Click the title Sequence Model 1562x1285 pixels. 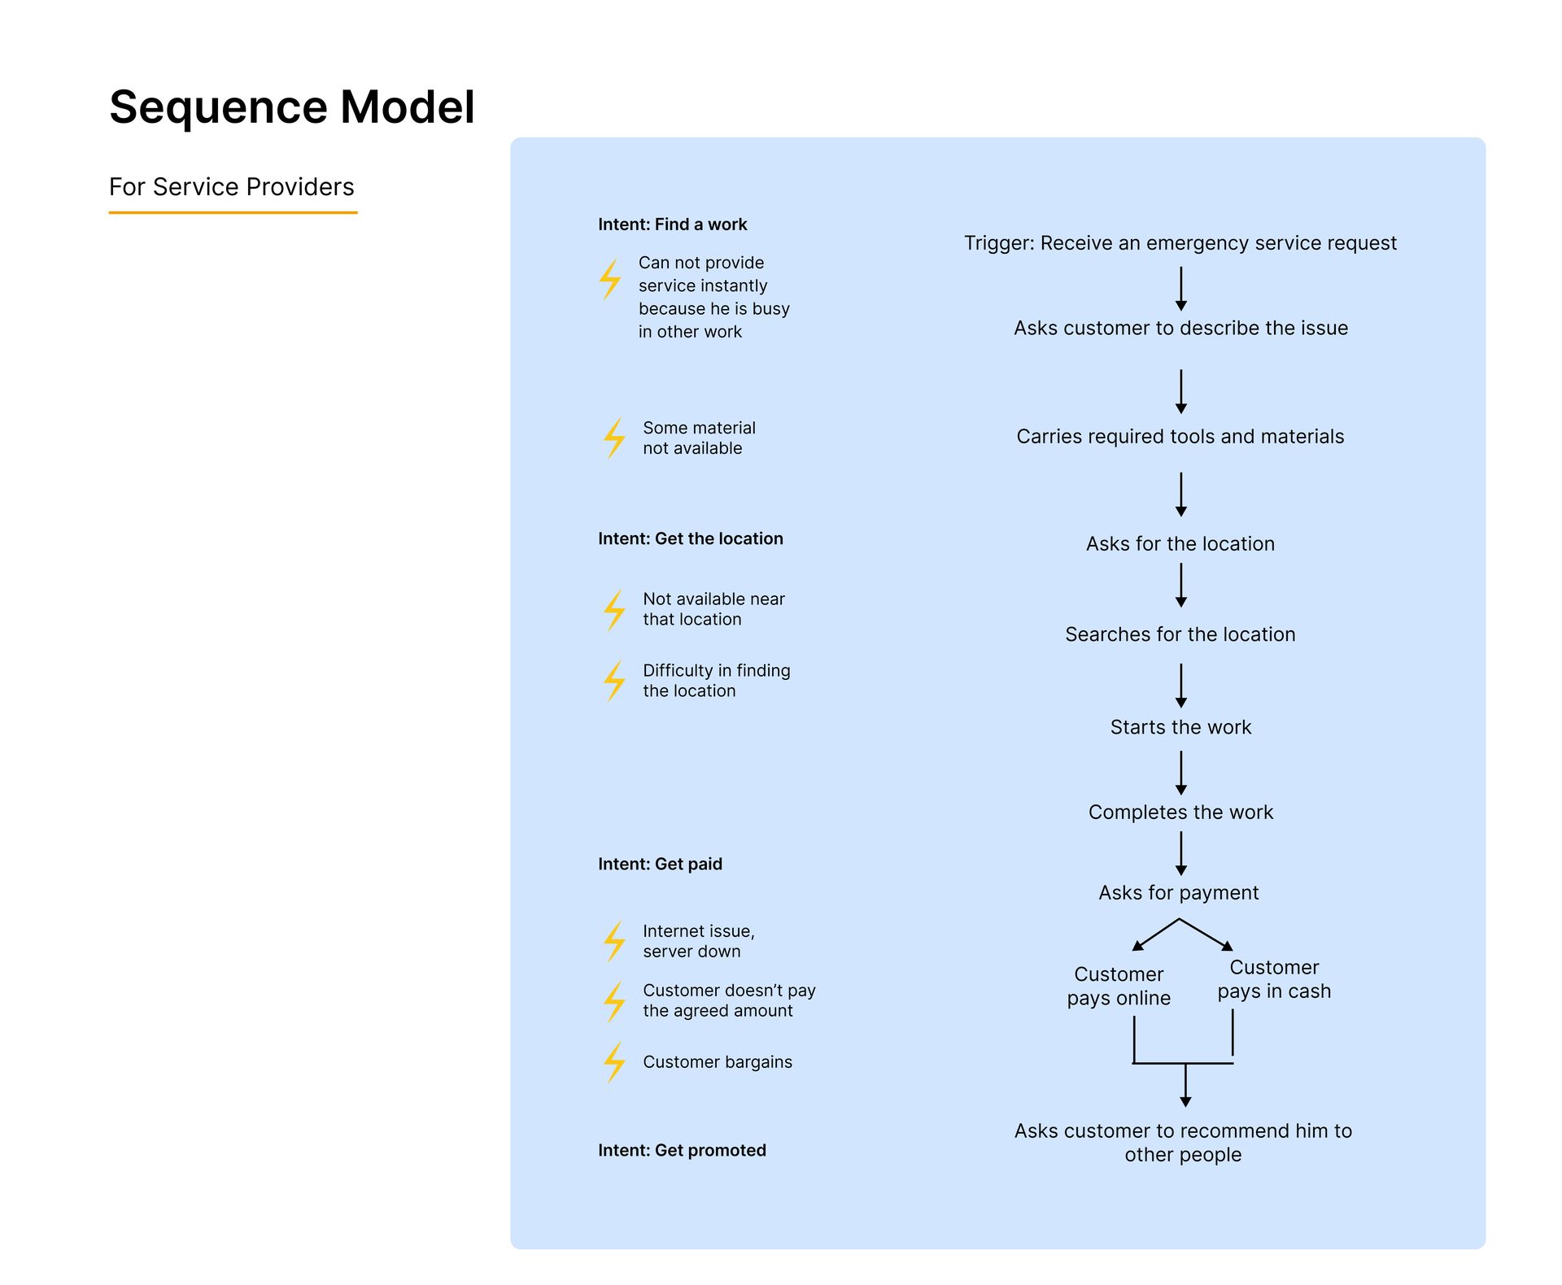(x=291, y=107)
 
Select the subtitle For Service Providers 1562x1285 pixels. (x=232, y=187)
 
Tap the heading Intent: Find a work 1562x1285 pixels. (x=672, y=224)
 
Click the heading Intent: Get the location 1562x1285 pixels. (x=690, y=538)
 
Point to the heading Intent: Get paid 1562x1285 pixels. (x=660, y=864)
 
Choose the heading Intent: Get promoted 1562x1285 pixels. (x=682, y=1150)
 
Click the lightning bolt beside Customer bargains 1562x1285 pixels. (x=615, y=1062)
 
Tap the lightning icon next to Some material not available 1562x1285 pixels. (x=615, y=438)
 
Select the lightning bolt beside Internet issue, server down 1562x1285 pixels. (x=615, y=942)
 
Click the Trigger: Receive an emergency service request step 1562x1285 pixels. (x=1180, y=243)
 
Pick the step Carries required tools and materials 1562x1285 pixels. (x=1180, y=437)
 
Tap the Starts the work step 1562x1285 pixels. (x=1180, y=727)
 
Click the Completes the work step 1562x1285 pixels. (x=1180, y=812)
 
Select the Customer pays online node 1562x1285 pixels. (x=1119, y=986)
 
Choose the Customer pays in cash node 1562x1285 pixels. (x=1274, y=979)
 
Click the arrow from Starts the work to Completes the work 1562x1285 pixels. (x=1181, y=773)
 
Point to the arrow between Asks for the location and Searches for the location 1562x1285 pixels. (x=1181, y=586)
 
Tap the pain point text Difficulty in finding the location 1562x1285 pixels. (x=716, y=681)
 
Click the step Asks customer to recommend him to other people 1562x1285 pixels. (x=1183, y=1143)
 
